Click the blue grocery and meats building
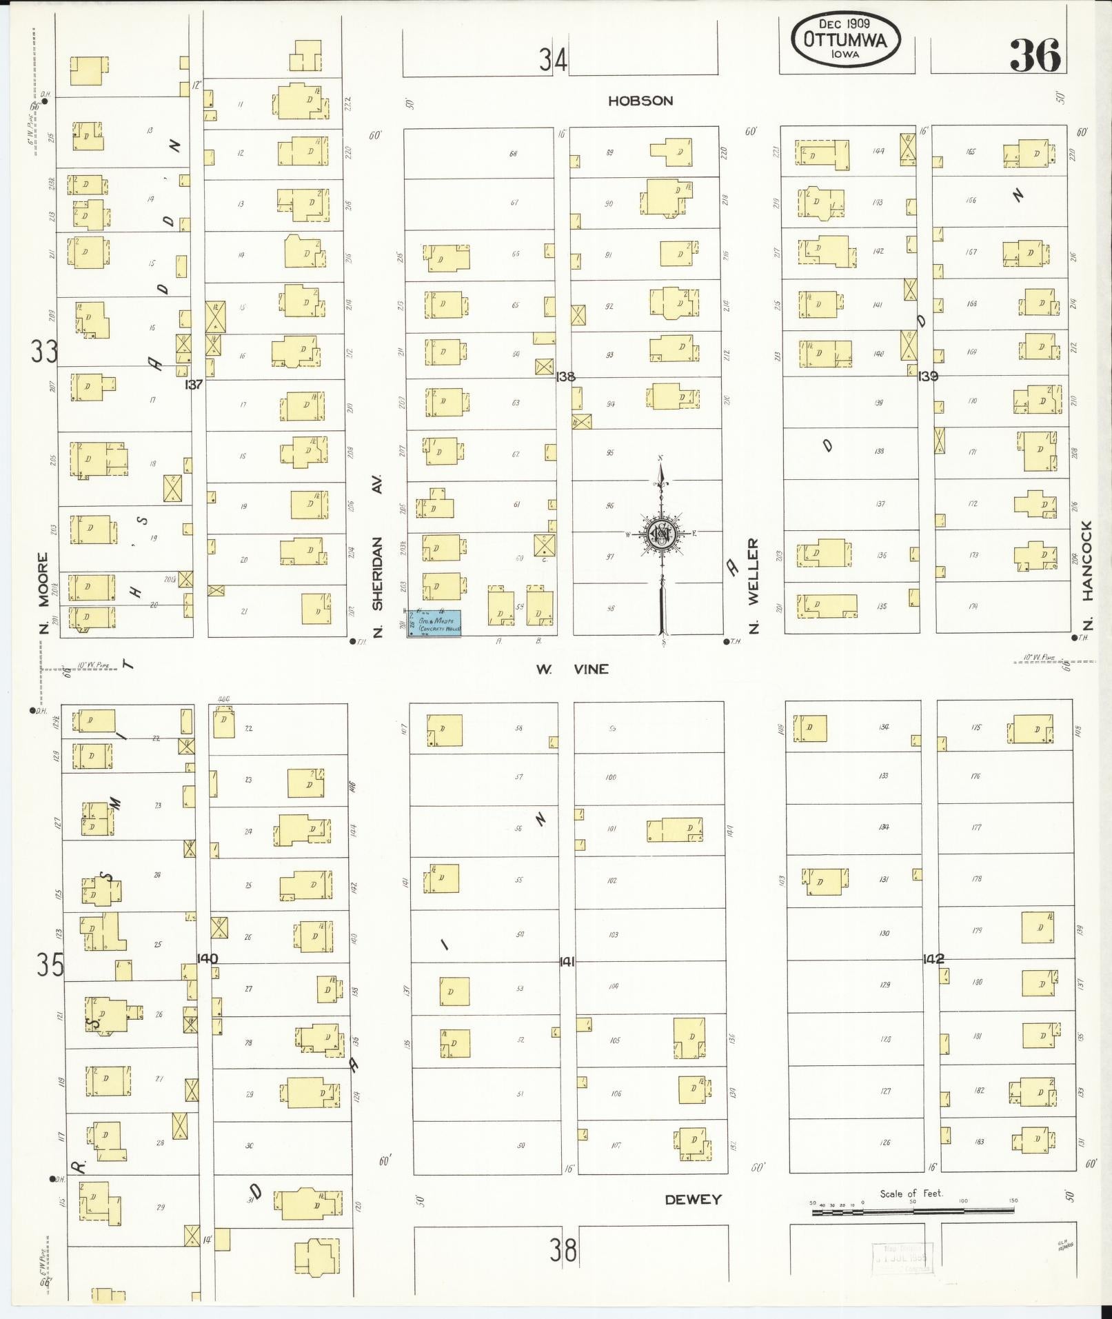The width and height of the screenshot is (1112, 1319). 434,623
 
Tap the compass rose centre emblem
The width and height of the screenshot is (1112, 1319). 661,534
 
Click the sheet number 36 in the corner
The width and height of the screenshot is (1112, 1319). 1035,56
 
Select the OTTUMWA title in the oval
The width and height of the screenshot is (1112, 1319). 845,41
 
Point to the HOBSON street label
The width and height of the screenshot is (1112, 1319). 640,101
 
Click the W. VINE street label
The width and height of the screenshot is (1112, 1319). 572,669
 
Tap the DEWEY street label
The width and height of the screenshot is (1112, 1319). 693,1200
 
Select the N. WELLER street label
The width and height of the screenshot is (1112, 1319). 753,585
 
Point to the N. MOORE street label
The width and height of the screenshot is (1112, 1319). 44,593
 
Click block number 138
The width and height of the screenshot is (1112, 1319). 566,376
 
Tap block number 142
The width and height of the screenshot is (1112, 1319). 933,959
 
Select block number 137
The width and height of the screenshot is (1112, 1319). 194,385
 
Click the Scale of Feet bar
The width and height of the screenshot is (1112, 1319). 913,1211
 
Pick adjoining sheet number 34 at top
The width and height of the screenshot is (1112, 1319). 553,60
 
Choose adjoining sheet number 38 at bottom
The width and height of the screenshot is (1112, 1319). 563,1250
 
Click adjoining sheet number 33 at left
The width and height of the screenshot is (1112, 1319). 44,352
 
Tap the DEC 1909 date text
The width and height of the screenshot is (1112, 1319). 845,23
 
